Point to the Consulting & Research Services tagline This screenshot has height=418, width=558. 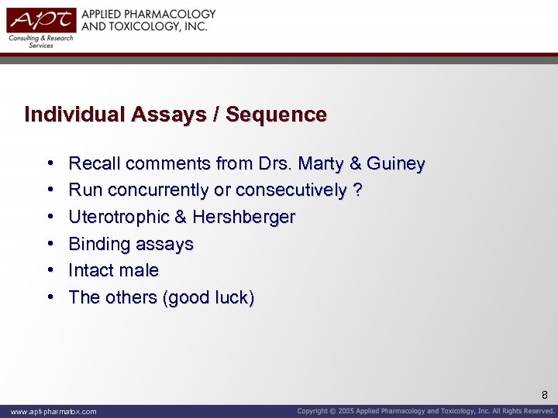point(40,42)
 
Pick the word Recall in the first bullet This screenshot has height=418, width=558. point(95,164)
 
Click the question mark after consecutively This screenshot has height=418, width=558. point(357,190)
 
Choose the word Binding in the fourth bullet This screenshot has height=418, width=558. point(98,245)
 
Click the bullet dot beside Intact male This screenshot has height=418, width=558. point(50,271)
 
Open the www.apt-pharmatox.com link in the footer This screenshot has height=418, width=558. point(53,412)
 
